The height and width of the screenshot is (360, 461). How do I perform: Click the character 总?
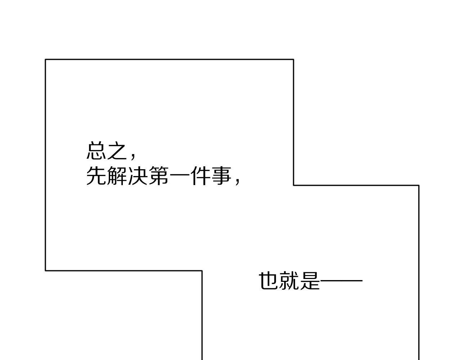pyautogui.click(x=96, y=150)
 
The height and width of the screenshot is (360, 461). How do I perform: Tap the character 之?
pyautogui.click(x=117, y=150)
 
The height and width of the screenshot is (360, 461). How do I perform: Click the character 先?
pyautogui.click(x=96, y=176)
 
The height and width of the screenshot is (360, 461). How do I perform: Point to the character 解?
pyautogui.click(x=117, y=176)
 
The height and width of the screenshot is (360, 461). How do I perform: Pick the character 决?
pyautogui.click(x=138, y=176)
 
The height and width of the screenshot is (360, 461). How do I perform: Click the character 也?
pyautogui.click(x=268, y=281)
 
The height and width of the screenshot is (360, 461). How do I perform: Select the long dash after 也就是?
pyautogui.click(x=341, y=280)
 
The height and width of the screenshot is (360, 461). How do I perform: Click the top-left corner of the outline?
pyautogui.click(x=46, y=59)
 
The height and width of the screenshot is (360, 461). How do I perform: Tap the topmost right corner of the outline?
pyautogui.click(x=294, y=59)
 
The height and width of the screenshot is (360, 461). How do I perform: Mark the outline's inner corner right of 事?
pyautogui.click(x=294, y=185)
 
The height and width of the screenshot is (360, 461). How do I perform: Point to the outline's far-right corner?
pyautogui.click(x=419, y=185)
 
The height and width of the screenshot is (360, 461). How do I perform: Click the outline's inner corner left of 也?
pyautogui.click(x=202, y=271)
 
